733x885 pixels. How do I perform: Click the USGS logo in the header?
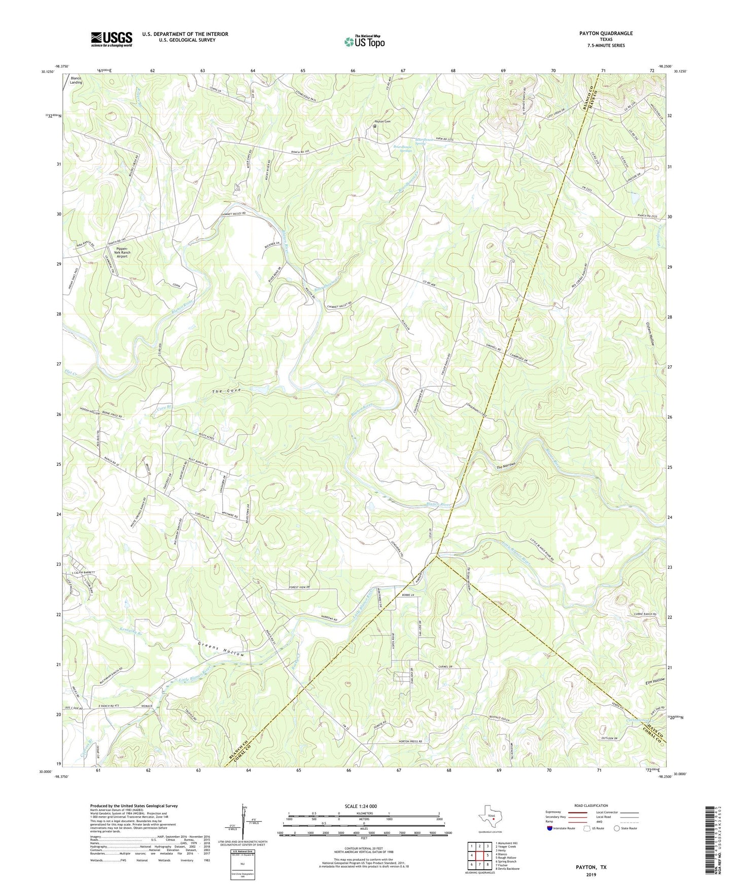112,39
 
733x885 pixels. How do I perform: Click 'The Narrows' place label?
506,465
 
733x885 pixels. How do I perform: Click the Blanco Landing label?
76,81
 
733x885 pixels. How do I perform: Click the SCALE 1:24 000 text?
360,806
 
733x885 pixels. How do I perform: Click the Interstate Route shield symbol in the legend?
550,828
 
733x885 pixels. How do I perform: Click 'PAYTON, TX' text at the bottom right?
591,867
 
